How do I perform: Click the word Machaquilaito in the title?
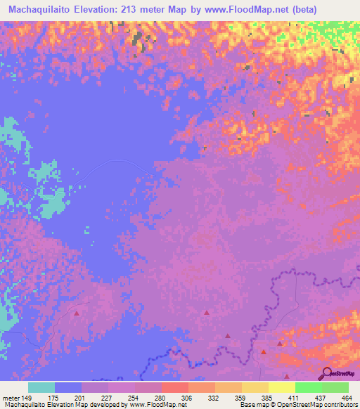42,10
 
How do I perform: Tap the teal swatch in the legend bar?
41,387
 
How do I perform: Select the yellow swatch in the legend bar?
281,387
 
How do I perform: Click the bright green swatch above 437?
308,387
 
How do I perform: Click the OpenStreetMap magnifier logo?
327,374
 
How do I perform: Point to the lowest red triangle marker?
286,376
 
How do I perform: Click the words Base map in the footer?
252,405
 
